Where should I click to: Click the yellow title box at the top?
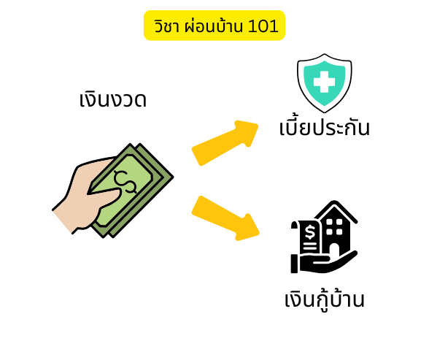(214, 25)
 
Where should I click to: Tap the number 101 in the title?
(263, 26)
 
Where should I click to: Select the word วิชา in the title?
(166, 26)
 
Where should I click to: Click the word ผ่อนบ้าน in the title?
(213, 26)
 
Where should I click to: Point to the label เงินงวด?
(113, 99)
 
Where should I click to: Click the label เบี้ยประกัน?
(325, 126)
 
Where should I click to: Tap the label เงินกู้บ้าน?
(325, 300)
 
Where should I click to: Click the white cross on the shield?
(324, 82)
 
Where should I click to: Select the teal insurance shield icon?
(325, 83)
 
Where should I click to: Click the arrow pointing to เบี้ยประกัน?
(225, 143)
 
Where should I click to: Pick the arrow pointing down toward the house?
(225, 218)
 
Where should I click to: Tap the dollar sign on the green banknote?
(125, 182)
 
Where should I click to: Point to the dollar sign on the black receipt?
(310, 232)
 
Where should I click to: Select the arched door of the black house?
(335, 250)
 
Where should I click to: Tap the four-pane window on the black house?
(335, 226)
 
